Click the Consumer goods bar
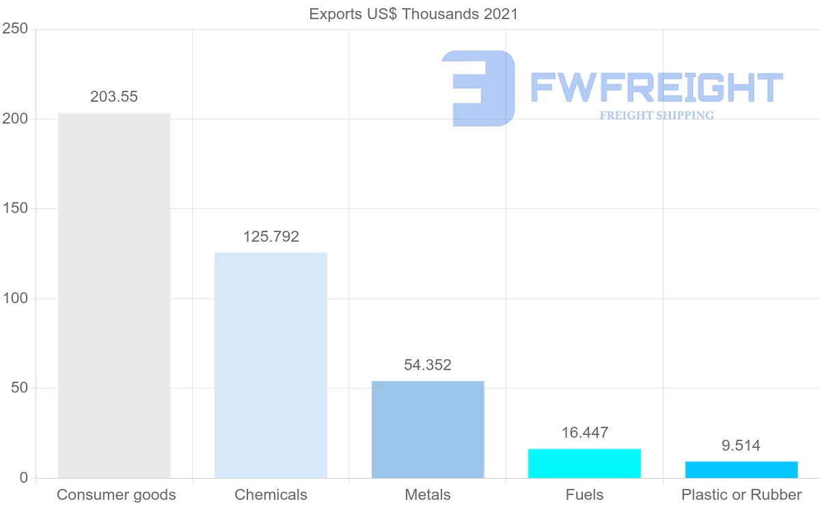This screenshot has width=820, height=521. coord(114,295)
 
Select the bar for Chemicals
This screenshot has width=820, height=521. coord(271,365)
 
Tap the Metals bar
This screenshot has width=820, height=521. coord(428,430)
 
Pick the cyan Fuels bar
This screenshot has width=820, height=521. coord(584,463)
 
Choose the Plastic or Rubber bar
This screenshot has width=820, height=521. coord(741,470)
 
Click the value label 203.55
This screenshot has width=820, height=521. coord(114,97)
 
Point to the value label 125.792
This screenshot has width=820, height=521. coord(271,237)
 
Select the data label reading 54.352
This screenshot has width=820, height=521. coord(428,365)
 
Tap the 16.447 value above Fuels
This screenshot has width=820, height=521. coord(584,432)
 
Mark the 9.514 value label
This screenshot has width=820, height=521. coord(741,446)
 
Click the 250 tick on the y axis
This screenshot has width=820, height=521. coord(15,29)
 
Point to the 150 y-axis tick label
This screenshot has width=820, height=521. coord(15,209)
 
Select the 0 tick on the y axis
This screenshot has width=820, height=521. coord(23,478)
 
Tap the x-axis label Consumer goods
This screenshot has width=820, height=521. coord(116,495)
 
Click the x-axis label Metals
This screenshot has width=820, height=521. coord(428,495)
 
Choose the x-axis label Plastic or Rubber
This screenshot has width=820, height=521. coord(741,495)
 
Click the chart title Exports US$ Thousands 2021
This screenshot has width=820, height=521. coord(413,14)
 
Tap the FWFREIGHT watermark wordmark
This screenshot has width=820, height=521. coord(657,88)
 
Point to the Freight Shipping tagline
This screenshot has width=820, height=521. coord(657,115)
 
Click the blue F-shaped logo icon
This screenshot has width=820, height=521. coord(478,88)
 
